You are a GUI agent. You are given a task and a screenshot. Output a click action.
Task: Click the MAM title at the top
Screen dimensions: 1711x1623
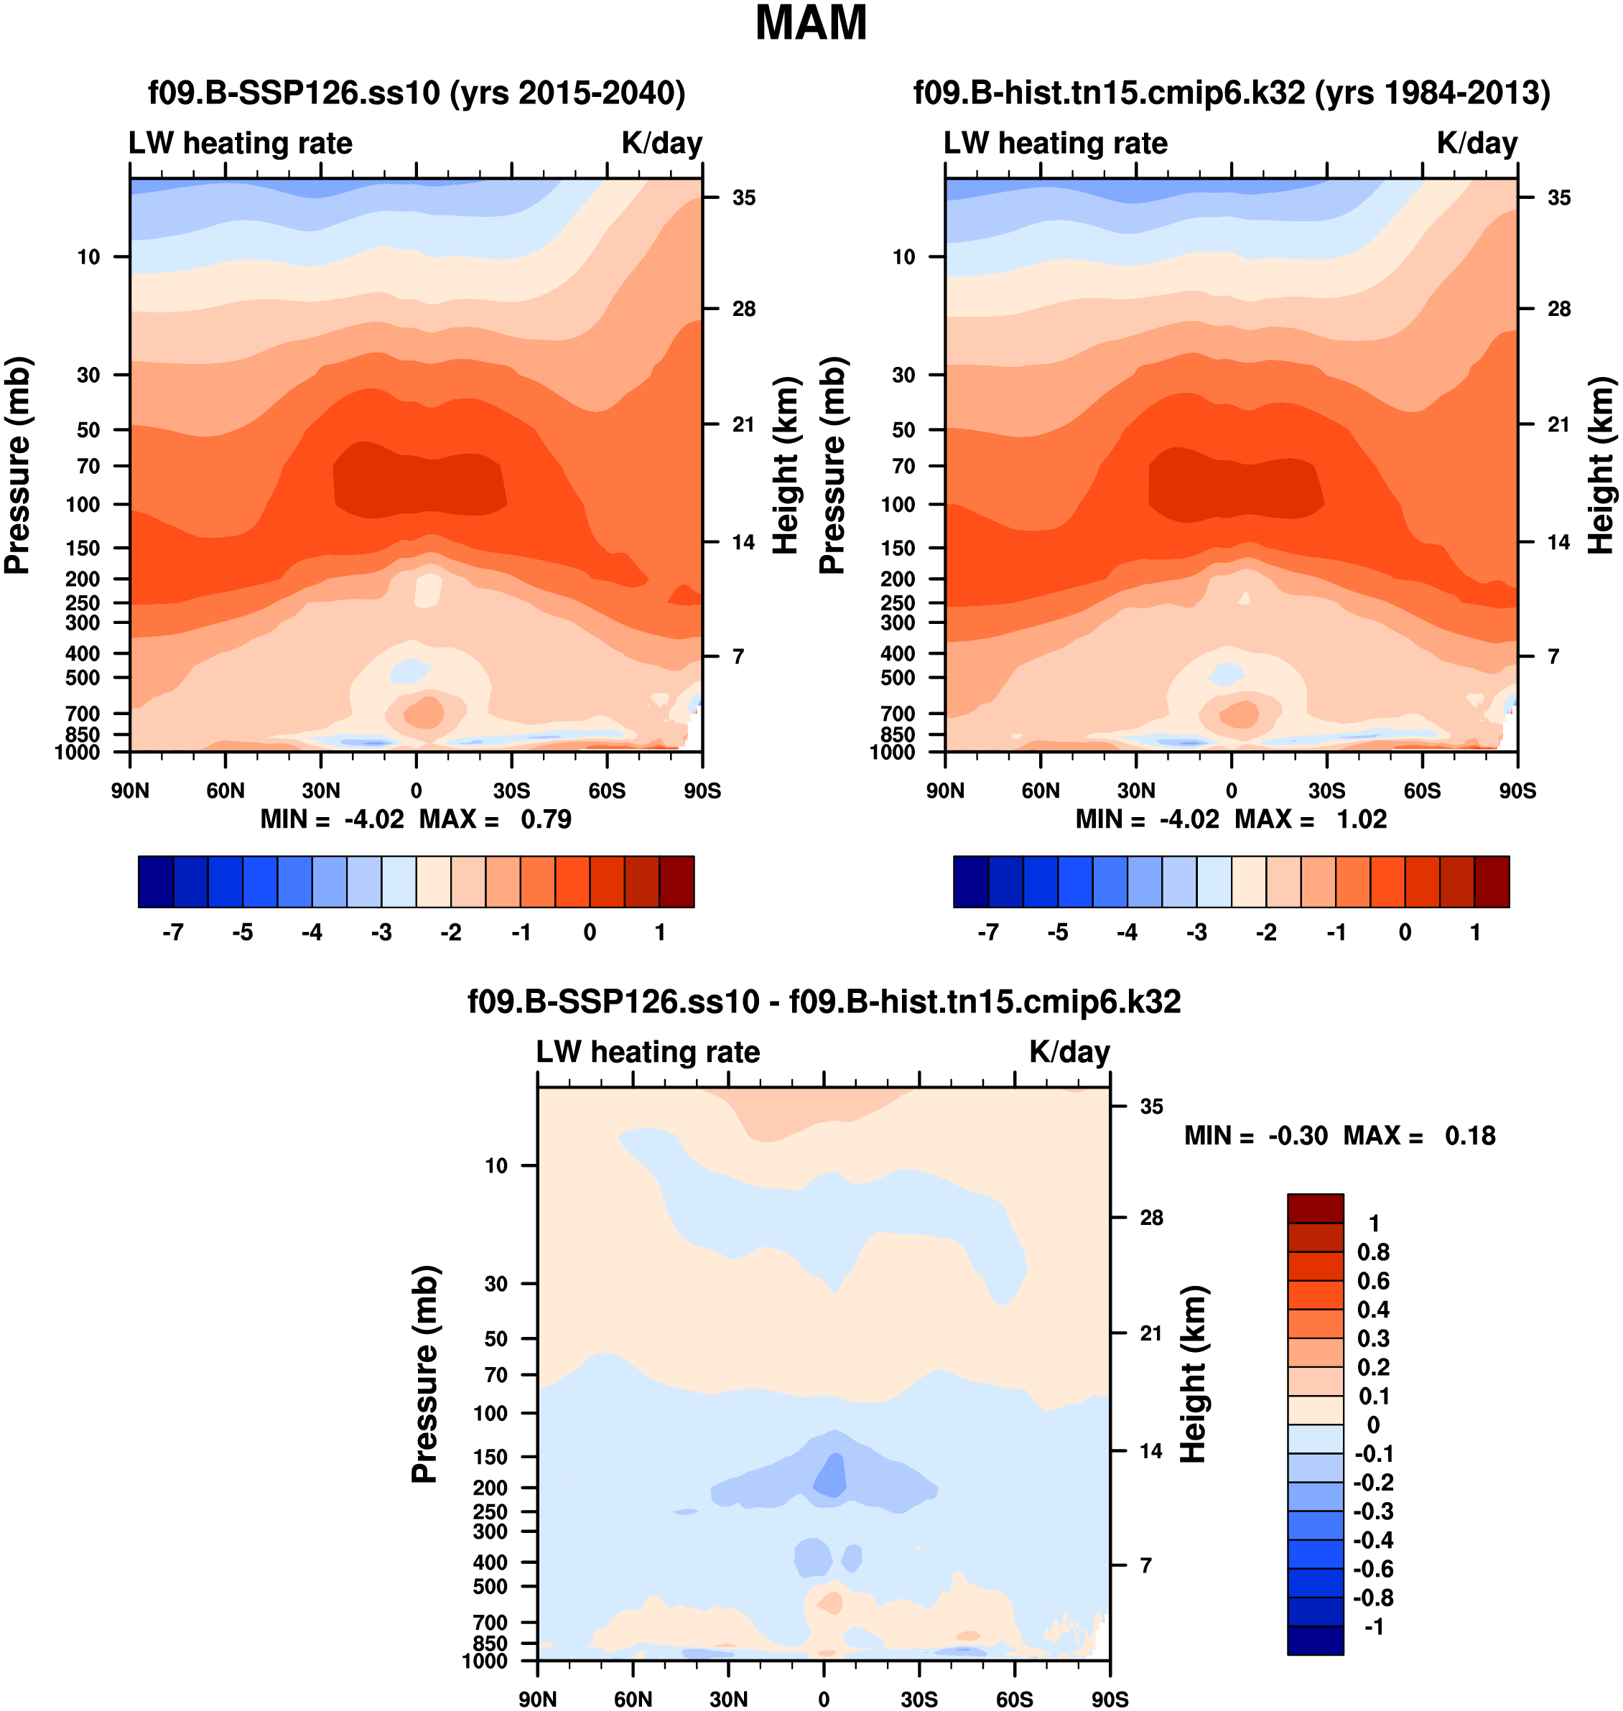811,24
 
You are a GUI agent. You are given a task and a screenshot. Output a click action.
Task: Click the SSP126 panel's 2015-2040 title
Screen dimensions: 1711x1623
416,93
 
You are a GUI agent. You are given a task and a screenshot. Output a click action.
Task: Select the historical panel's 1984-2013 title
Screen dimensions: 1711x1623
1231,93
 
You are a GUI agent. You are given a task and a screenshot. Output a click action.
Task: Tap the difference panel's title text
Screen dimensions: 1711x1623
824,1002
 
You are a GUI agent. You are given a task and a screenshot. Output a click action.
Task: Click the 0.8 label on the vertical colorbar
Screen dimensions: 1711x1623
1373,1251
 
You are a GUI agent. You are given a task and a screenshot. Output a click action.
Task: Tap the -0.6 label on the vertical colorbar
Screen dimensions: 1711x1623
1372,1568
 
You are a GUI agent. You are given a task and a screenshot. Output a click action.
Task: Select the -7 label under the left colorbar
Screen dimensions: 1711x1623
173,933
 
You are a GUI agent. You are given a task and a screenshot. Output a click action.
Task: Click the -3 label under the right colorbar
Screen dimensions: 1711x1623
1196,933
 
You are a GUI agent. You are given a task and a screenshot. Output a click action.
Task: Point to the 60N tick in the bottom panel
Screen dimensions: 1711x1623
633,1699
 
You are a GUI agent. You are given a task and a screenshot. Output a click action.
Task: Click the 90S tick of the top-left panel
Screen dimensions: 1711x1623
702,791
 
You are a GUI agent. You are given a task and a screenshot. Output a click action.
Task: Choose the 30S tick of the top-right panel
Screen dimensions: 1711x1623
1326,791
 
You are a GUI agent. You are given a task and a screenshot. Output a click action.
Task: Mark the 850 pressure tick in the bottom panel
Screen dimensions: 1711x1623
490,1643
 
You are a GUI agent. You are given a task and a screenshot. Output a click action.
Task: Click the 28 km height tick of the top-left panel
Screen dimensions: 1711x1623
743,309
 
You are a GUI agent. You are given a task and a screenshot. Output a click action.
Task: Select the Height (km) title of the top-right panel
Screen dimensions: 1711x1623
1601,465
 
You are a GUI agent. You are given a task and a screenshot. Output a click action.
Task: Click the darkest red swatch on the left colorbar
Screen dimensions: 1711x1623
676,882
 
